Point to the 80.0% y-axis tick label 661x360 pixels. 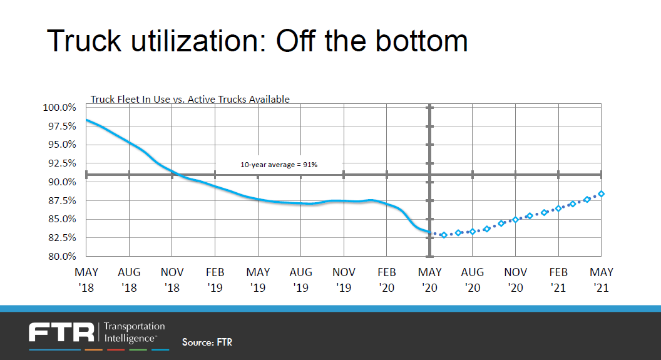[x=61, y=256]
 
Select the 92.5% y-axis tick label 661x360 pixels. [x=61, y=163]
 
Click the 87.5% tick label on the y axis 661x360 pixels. [x=61, y=201]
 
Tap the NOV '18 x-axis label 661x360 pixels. [x=172, y=280]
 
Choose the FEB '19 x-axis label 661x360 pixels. [x=215, y=280]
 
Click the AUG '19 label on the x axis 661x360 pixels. [x=301, y=280]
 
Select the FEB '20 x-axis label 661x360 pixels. [x=387, y=280]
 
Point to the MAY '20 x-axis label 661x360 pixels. [x=430, y=280]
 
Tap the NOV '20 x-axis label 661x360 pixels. [x=516, y=280]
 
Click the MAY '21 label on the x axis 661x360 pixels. [x=602, y=280]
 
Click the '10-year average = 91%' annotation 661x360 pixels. [x=279, y=165]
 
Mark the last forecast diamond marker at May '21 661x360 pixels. [x=601, y=194]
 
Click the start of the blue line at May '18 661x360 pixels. [x=87, y=120]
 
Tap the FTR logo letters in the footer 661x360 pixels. [x=61, y=332]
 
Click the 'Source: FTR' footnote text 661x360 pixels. [x=207, y=342]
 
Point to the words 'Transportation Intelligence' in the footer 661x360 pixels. [x=133, y=332]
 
